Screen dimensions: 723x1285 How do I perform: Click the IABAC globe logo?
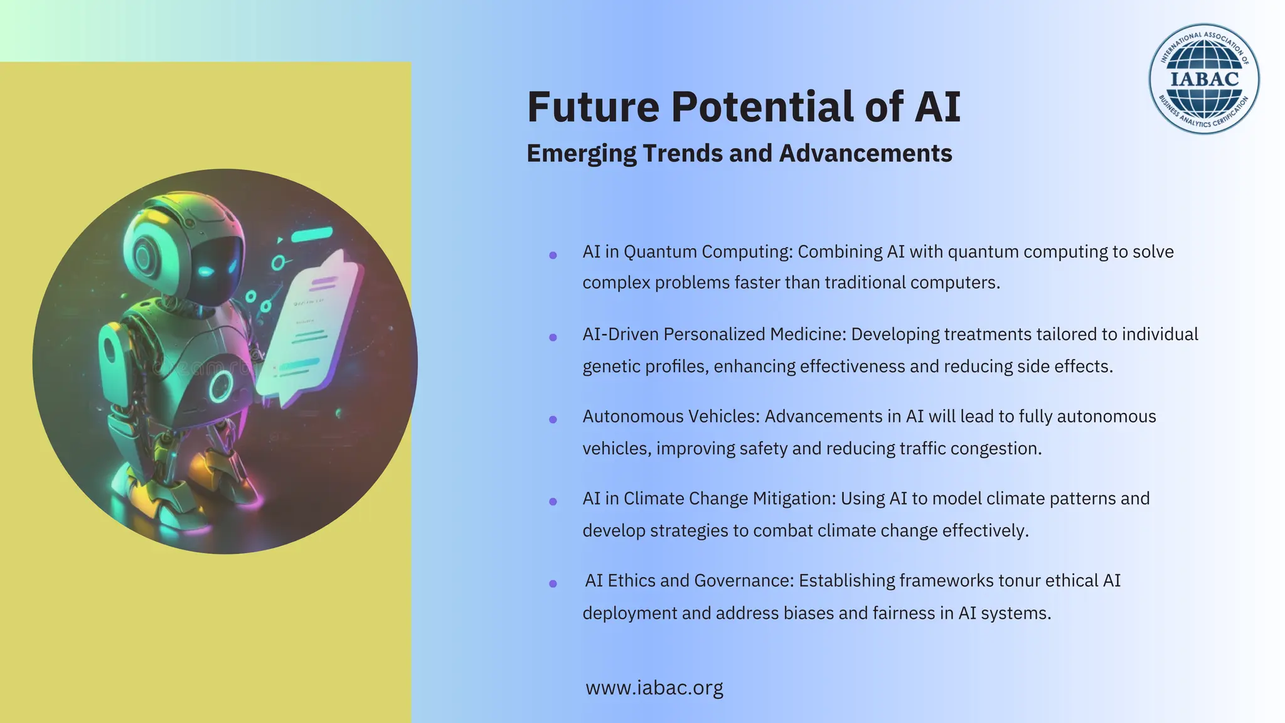point(1204,79)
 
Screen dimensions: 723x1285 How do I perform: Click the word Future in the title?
point(593,107)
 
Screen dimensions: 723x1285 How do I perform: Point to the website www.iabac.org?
point(654,688)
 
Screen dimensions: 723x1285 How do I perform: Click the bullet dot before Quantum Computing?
point(553,255)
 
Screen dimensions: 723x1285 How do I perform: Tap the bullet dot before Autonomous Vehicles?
point(553,419)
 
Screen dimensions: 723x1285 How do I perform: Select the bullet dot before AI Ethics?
point(553,584)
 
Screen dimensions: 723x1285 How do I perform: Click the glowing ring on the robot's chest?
point(221,386)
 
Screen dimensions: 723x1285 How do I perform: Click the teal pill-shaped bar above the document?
point(312,234)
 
